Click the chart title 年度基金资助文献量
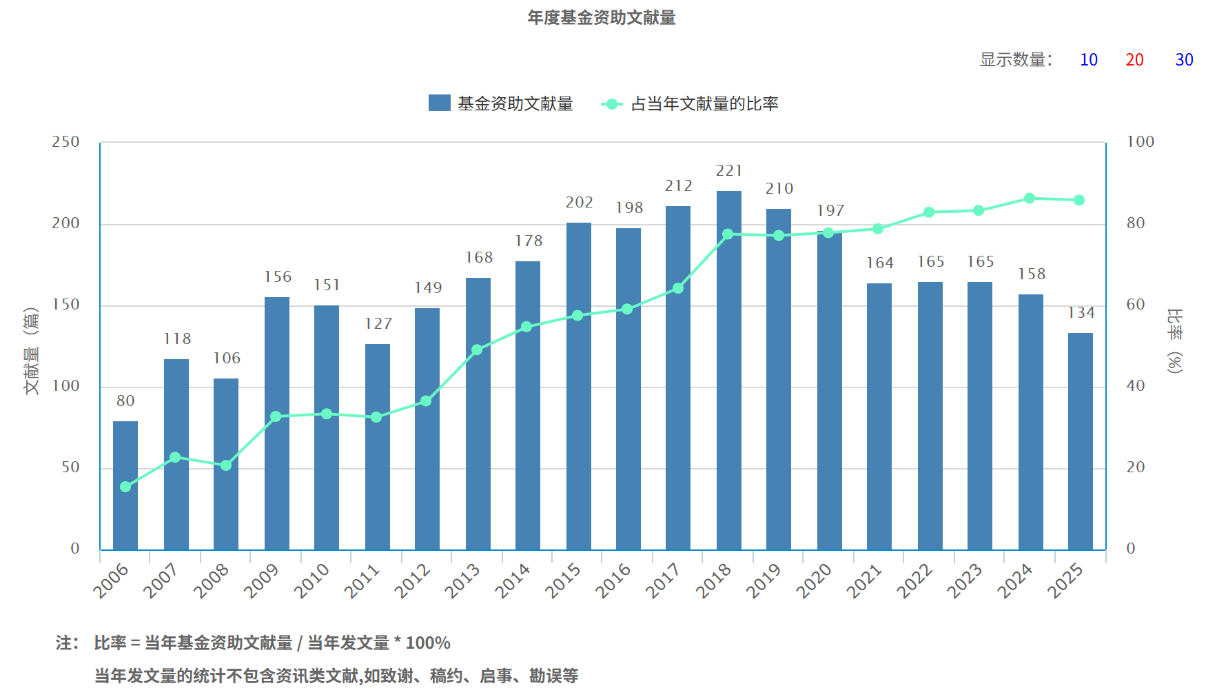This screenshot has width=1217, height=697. [601, 18]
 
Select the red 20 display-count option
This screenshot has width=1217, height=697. [1134, 60]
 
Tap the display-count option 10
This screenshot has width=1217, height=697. [1089, 60]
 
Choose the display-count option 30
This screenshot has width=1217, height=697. [1184, 60]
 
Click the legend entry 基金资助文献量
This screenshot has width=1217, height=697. [501, 103]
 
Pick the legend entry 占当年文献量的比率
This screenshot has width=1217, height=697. [691, 104]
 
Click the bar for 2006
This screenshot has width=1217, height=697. [125, 485]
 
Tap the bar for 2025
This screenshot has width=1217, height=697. [1080, 441]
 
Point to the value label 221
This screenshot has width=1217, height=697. [729, 171]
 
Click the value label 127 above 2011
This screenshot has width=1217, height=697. [378, 324]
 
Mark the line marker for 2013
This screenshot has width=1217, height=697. [477, 350]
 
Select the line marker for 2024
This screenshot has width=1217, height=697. [1030, 199]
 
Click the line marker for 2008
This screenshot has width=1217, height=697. [226, 465]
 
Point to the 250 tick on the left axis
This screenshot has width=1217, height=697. [66, 142]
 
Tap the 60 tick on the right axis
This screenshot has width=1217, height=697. [1135, 305]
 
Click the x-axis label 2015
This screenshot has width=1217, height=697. [564, 580]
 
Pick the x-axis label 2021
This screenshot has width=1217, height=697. [865, 580]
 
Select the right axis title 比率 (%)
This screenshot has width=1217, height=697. [1174, 341]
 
